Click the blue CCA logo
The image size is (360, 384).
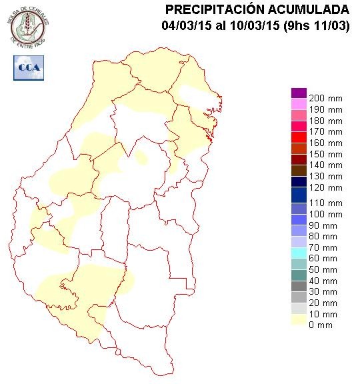(x=28, y=68)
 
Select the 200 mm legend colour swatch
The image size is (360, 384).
(x=299, y=93)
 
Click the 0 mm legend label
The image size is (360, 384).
(x=325, y=325)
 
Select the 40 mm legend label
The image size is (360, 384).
(x=325, y=281)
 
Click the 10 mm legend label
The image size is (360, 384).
(x=325, y=313)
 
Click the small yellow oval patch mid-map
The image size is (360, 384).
(x=141, y=159)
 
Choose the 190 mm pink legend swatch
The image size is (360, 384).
(x=299, y=104)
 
